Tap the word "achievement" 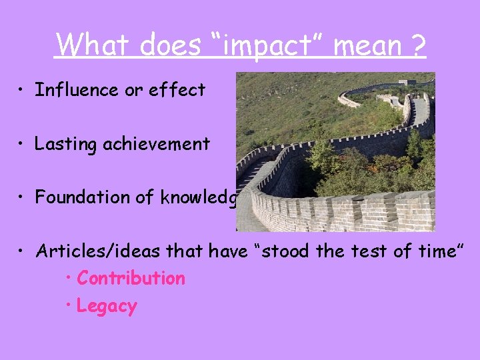click(157, 144)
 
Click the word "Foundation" click(80, 197)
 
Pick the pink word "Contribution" click(131, 278)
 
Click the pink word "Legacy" click(107, 307)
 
